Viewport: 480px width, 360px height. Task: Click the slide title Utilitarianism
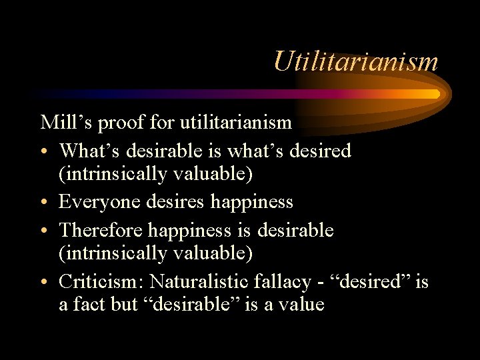(x=355, y=62)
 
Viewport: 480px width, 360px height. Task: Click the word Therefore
(x=101, y=231)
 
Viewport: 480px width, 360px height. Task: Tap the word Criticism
(x=97, y=281)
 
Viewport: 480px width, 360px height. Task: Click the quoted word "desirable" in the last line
(x=188, y=305)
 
